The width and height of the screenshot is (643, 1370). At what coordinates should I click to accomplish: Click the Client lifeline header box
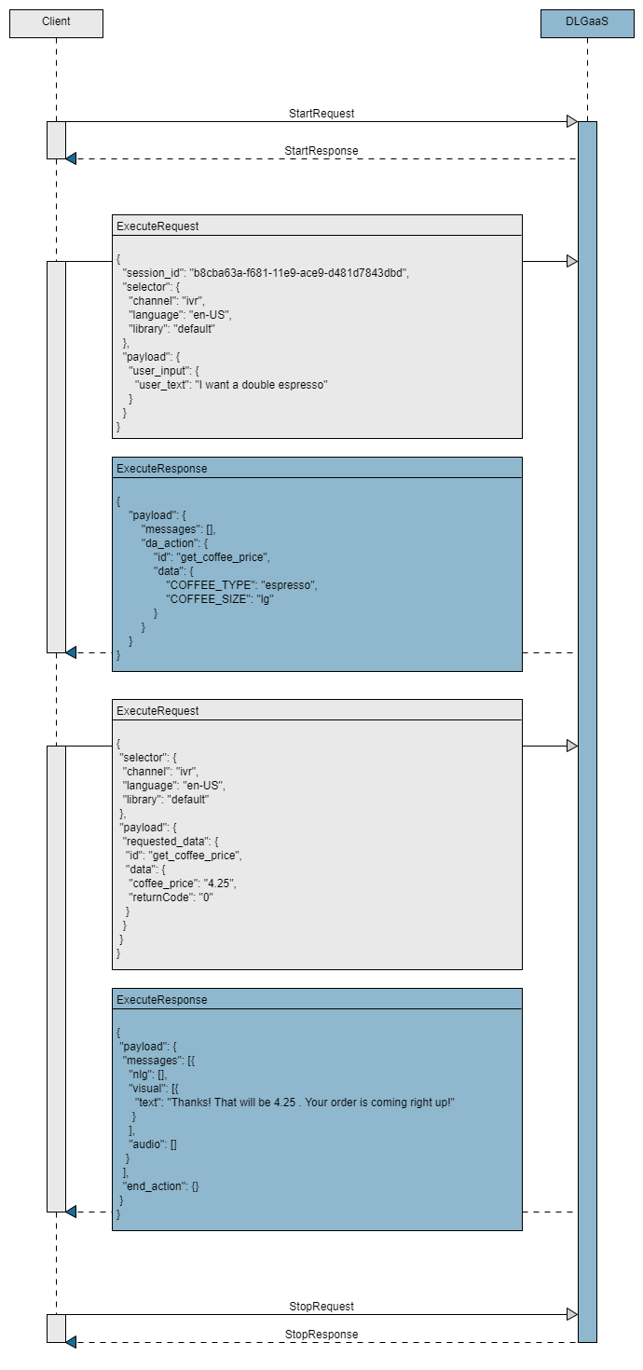tap(56, 22)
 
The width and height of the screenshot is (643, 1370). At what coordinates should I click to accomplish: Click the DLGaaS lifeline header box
tap(587, 22)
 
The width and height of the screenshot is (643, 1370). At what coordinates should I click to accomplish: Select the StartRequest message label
tap(321, 114)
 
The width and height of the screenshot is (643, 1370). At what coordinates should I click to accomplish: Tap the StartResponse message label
tap(321, 151)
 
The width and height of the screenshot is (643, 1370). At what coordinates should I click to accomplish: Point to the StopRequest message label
tap(321, 1307)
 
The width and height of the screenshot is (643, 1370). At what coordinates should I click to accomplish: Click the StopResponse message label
tap(321, 1335)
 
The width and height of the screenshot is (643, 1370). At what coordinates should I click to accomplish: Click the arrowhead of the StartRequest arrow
tap(571, 121)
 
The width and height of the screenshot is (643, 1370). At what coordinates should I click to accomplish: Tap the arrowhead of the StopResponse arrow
tap(72, 1342)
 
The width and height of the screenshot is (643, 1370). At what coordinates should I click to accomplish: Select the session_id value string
tap(299, 272)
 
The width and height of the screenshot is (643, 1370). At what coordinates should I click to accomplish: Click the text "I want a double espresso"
tap(260, 384)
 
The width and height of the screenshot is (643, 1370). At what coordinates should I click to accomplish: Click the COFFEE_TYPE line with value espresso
tap(241, 585)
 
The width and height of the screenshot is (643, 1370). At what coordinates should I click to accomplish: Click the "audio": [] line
tap(153, 1144)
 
